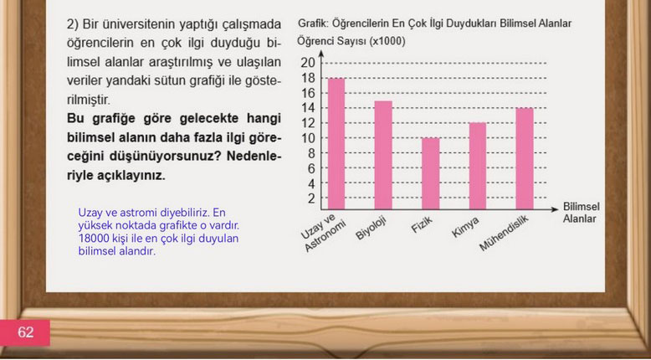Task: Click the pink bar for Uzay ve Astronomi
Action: coord(336,144)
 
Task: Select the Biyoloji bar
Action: coord(383,155)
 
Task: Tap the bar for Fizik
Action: coord(431,173)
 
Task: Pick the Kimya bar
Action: coord(478,166)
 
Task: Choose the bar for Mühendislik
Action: coord(525,158)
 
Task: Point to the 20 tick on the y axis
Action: coord(308,63)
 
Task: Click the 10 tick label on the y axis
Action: coord(308,138)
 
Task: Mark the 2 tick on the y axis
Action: coord(311,198)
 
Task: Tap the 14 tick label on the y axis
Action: coord(308,108)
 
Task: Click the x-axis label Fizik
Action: coord(422,225)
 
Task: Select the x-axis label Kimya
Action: coord(465,227)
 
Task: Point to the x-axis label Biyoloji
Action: coord(371,228)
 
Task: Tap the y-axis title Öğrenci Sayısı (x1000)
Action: coord(351,42)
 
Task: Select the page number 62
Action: coord(25,332)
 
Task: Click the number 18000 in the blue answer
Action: coord(90,239)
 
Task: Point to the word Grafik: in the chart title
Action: coord(311,23)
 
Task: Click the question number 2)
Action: coord(73,24)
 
